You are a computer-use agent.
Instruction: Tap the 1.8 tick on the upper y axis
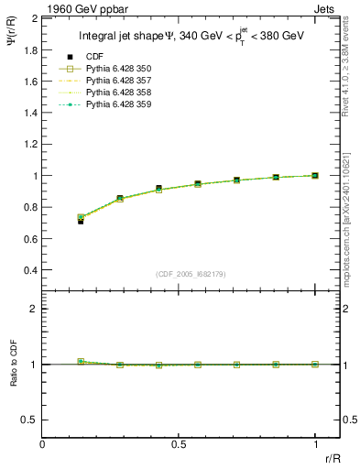click(30, 49)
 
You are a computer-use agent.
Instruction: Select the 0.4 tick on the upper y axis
click(30, 270)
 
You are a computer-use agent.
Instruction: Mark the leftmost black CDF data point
click(81, 221)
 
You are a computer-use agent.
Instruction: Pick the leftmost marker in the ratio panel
click(81, 362)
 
